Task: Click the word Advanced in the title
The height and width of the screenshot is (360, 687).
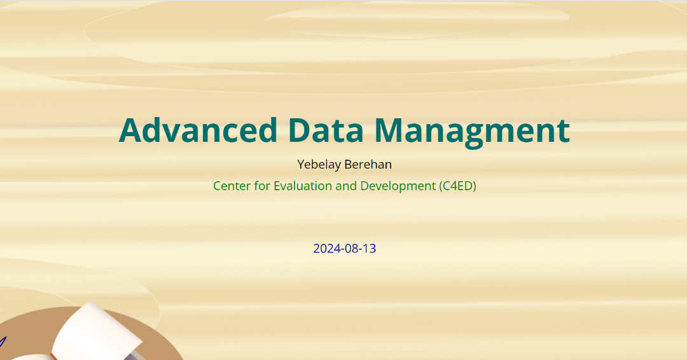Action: point(198,130)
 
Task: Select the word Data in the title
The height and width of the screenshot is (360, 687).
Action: point(326,130)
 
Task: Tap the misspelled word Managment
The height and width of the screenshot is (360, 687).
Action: point(472,133)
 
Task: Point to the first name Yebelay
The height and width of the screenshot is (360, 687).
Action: point(319,165)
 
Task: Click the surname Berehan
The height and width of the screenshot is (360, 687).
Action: point(368,164)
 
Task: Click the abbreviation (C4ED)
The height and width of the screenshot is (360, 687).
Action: point(457,186)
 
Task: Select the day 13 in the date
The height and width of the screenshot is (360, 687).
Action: point(370,248)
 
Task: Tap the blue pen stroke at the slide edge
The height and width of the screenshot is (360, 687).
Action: point(3,342)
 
